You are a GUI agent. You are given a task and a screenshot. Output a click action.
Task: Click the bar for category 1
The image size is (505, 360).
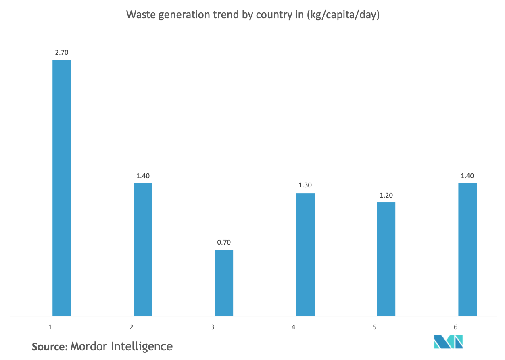click(x=62, y=187)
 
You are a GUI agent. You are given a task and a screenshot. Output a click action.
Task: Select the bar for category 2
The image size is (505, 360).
click(x=143, y=249)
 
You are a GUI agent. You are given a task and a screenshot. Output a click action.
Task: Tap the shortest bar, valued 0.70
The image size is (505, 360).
click(x=224, y=283)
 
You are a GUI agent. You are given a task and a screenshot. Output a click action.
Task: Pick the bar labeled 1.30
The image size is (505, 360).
click(x=305, y=254)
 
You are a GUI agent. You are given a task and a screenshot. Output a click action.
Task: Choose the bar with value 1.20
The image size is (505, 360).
click(x=386, y=259)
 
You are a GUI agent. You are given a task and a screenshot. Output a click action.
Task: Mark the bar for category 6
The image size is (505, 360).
click(x=467, y=249)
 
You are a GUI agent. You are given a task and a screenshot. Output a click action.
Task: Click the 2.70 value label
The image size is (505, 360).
click(x=62, y=52)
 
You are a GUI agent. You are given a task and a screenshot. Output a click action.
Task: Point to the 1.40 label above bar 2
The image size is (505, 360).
click(x=143, y=176)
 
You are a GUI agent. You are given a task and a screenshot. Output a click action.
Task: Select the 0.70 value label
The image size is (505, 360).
click(x=224, y=243)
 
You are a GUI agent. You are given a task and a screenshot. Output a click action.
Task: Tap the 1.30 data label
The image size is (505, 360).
click(x=305, y=185)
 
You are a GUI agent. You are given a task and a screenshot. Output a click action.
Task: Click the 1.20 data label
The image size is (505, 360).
click(x=386, y=195)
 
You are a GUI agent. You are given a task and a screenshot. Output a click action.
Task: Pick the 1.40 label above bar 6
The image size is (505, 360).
click(x=467, y=176)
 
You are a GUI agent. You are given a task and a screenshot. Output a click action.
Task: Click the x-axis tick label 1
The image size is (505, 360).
click(x=50, y=327)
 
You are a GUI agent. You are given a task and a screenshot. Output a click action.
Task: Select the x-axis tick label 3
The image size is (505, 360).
click(x=212, y=327)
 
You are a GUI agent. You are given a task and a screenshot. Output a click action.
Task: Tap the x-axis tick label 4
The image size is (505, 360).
click(x=293, y=327)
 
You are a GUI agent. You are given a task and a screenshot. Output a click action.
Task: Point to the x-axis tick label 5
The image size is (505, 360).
click(x=374, y=327)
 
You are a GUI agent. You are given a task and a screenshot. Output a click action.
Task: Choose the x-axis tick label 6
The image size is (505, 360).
click(x=455, y=327)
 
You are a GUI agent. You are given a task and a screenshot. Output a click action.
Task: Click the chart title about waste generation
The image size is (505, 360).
click(x=253, y=15)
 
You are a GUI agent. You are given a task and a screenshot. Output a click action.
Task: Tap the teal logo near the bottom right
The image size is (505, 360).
click(x=448, y=342)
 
